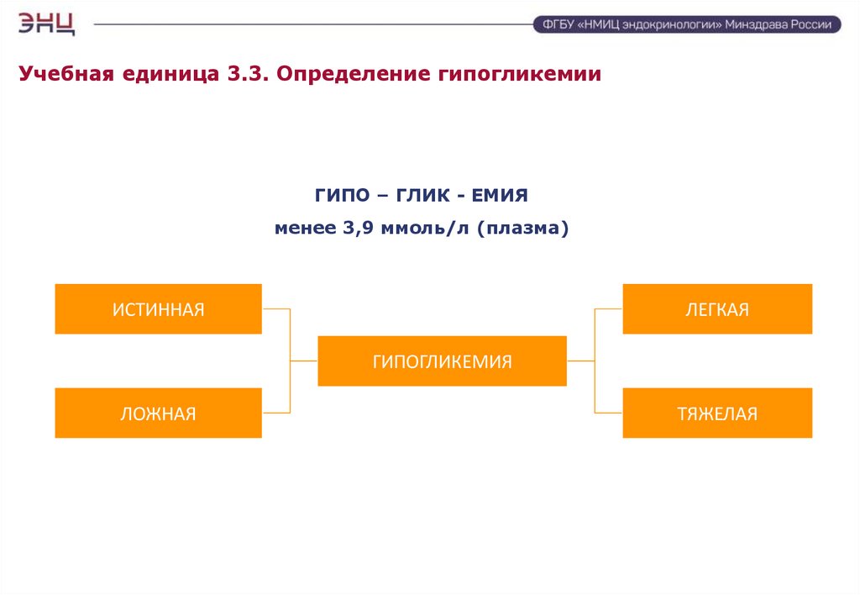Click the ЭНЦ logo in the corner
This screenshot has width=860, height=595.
47,23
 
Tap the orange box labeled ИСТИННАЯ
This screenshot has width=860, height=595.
159,309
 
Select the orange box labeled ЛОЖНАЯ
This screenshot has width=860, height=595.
159,413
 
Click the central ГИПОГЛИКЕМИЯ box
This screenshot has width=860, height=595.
442,361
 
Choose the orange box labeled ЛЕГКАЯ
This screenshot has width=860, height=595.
717,309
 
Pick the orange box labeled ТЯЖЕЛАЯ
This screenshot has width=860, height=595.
717,413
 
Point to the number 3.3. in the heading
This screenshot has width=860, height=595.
245,74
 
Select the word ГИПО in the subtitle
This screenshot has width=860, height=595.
342,196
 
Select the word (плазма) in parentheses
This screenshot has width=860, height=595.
523,228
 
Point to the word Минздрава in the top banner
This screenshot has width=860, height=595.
756,25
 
